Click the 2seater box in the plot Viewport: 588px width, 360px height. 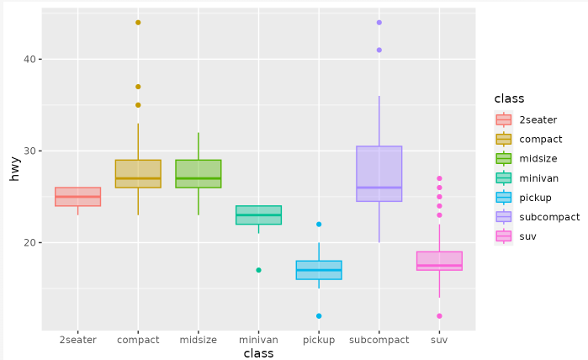tap(77, 197)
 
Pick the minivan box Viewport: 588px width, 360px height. tap(258, 214)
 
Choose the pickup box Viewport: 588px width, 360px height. tap(319, 270)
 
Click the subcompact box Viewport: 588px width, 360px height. tap(379, 173)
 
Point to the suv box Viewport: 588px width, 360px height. tap(439, 261)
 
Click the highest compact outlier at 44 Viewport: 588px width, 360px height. tap(138, 23)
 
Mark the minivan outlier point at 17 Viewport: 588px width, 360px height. tap(258, 270)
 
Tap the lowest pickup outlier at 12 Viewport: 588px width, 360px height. tap(319, 316)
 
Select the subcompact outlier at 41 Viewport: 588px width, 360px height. tap(379, 50)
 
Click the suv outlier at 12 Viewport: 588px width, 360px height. tap(439, 316)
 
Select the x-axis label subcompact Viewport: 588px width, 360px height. tap(379, 340)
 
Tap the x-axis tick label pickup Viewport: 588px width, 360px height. tap(319, 340)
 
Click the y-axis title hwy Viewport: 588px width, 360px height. tap(14, 168)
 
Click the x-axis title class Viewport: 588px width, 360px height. tap(258, 354)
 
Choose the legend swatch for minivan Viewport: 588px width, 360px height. tap(504, 178)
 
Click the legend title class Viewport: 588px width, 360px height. tap(510, 99)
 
